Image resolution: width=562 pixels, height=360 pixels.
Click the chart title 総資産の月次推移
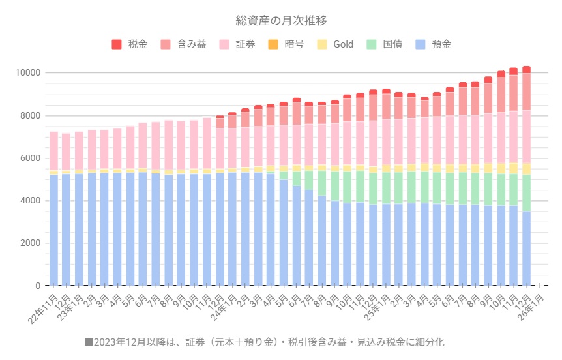click(x=281, y=20)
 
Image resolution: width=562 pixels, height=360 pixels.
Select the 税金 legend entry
click(x=138, y=44)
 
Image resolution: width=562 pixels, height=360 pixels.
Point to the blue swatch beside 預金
click(x=420, y=44)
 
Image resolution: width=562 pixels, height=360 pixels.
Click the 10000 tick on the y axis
click(x=28, y=72)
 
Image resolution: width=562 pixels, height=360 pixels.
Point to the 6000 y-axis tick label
click(x=30, y=158)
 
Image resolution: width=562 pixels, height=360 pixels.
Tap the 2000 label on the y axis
click(x=30, y=243)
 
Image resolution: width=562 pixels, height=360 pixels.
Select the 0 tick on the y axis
click(x=38, y=286)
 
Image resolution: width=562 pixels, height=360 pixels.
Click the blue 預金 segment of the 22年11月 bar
click(x=54, y=228)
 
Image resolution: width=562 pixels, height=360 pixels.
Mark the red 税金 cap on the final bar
click(x=526, y=69)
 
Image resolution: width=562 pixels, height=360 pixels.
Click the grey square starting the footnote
click(x=89, y=342)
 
